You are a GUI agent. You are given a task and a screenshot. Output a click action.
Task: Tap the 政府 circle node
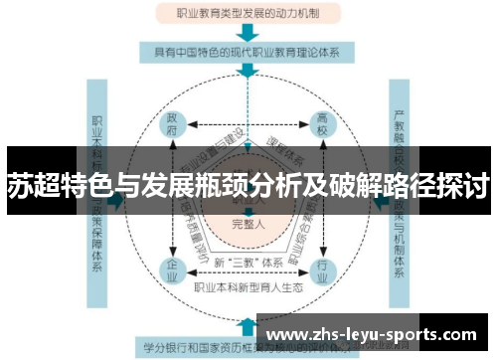click(175, 127)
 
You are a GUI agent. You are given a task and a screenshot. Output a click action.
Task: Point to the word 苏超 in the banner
click(32, 185)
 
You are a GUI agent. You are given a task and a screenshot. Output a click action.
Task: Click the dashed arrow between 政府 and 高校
click(248, 127)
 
